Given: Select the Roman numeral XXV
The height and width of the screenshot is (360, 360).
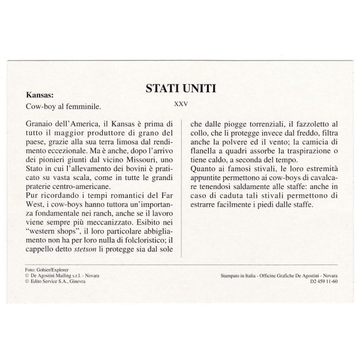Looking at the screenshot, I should [x=181, y=104].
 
